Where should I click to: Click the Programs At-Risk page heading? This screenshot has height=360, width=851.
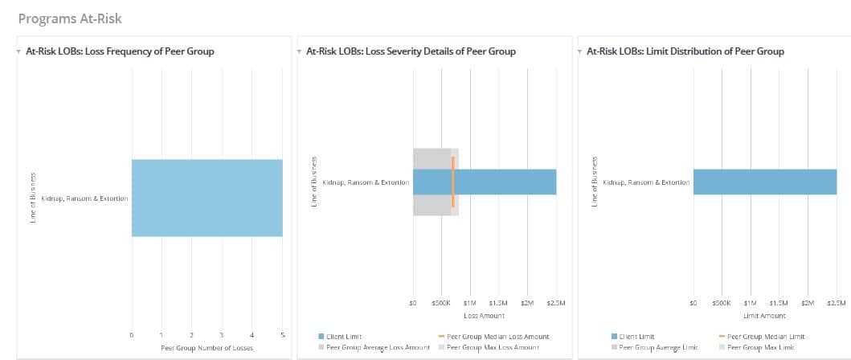pos(69,18)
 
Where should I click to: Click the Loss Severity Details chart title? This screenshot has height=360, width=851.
pos(411,51)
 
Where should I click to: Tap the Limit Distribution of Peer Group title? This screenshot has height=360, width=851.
pos(685,51)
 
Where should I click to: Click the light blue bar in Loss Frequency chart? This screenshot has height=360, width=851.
pos(207,198)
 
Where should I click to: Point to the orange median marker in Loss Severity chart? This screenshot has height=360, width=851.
pos(453,182)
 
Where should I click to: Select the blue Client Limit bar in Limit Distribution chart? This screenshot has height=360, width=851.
pos(764,182)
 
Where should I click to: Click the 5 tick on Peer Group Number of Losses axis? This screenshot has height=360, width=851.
pos(282,334)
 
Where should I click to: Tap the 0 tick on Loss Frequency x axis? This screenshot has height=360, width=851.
pos(131,334)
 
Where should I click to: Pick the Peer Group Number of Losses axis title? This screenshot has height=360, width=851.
pos(207,347)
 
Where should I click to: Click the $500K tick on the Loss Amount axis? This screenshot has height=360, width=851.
pos(441,303)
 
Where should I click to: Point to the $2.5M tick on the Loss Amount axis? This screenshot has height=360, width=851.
pos(556,303)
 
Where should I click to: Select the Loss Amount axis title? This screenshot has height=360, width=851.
pos(485,316)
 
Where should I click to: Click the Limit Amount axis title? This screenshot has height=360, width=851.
pos(764,316)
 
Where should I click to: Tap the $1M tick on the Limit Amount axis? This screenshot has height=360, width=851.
pos(750,303)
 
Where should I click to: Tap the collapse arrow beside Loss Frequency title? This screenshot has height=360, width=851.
pos(18,51)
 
